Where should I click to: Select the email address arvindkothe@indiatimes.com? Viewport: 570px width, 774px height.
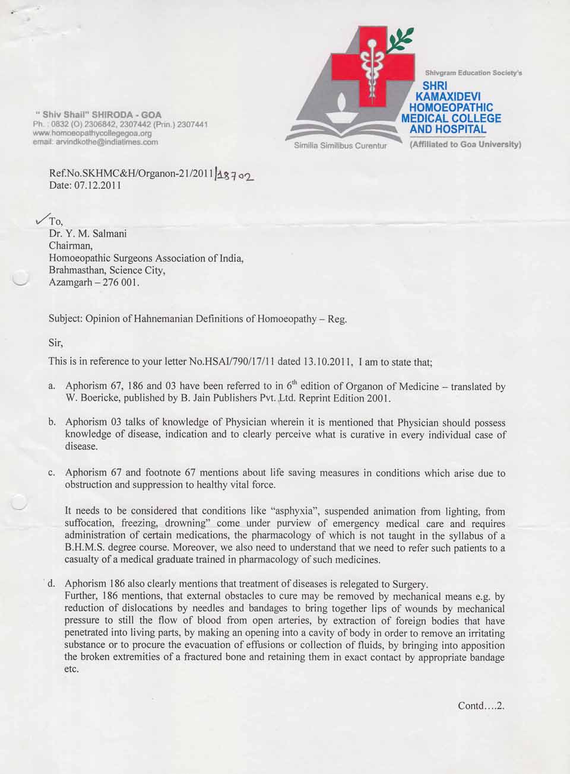[95, 142]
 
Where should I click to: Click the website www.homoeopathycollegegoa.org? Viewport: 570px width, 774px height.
[93, 133]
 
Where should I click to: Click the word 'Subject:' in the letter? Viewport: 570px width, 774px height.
[65, 318]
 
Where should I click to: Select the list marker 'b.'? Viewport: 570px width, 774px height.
[52, 422]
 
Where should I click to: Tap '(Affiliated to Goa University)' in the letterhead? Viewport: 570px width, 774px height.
[465, 144]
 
